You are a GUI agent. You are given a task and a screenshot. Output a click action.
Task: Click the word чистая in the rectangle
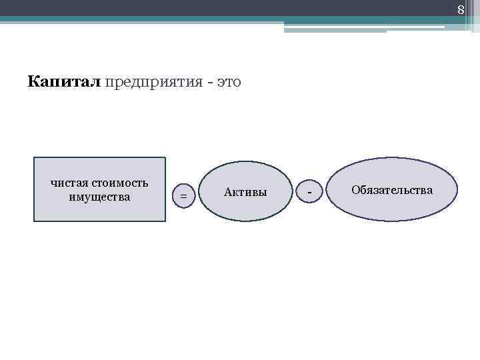(69, 183)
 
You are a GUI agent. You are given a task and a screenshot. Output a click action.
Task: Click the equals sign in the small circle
(183, 195)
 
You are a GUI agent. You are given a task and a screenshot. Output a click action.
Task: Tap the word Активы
(245, 192)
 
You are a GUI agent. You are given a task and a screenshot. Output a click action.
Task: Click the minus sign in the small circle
(309, 192)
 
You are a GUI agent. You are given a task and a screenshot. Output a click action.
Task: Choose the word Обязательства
(392, 191)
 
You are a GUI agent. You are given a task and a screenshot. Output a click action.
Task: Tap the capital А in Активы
(228, 192)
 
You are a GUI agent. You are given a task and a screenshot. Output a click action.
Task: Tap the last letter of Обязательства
(429, 191)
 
